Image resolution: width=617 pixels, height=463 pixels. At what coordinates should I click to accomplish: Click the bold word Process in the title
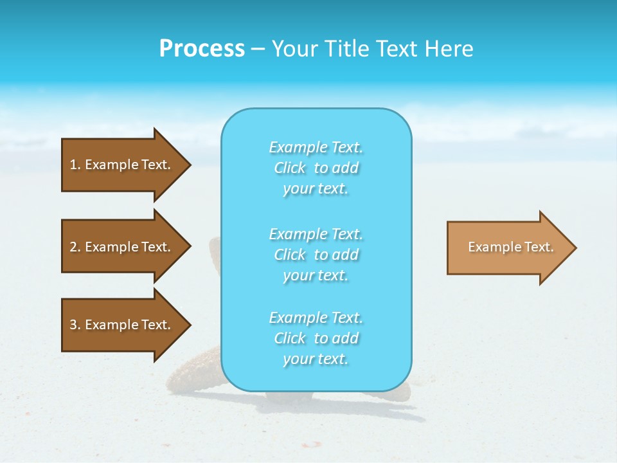(202, 49)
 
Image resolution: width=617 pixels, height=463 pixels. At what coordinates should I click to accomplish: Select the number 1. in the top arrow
(75, 165)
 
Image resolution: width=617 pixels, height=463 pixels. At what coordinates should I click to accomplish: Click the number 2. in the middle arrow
(75, 247)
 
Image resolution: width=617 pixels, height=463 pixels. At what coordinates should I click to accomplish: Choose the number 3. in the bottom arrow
(75, 325)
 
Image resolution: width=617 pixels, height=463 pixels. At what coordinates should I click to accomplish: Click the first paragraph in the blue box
(316, 168)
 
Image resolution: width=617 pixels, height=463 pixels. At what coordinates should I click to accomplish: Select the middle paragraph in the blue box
(316, 255)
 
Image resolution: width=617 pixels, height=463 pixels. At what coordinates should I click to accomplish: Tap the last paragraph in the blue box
(316, 338)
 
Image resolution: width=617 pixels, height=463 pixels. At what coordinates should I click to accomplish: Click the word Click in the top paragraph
(290, 168)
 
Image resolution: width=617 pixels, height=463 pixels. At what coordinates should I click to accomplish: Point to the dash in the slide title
(258, 49)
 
